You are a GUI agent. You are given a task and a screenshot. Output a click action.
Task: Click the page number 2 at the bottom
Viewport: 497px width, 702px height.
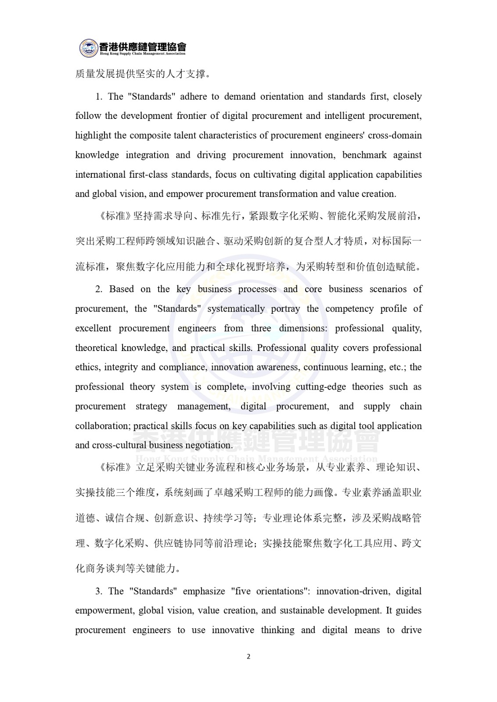248,656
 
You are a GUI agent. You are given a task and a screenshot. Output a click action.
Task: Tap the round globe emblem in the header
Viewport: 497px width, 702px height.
89,48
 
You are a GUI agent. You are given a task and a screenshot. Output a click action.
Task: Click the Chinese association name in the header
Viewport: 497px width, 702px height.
143,46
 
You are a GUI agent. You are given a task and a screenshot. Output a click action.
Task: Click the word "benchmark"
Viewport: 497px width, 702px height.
364,155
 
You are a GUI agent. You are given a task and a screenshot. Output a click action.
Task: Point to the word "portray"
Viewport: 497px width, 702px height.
285,309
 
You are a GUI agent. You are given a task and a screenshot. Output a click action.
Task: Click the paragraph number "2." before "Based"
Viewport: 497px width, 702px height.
99,289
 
